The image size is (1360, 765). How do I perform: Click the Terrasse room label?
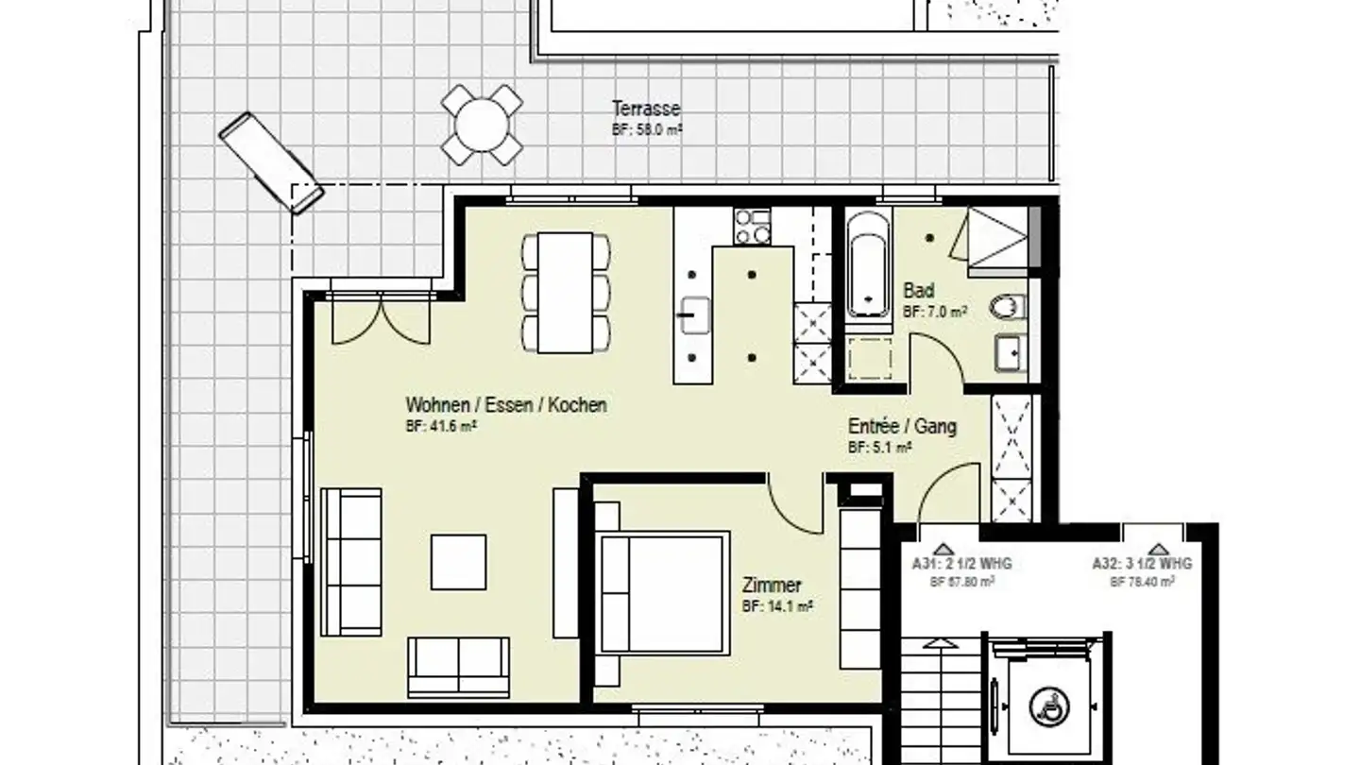point(646,109)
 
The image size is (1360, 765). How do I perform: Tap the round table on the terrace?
point(482,125)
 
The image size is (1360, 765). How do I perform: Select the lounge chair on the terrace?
point(271,162)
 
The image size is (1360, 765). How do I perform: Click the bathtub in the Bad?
point(867,264)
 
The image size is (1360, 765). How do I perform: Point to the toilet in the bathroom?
point(1008,307)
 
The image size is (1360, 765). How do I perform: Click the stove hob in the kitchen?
point(752,227)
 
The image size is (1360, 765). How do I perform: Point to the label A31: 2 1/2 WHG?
point(961,564)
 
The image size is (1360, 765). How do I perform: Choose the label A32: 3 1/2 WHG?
point(1142,564)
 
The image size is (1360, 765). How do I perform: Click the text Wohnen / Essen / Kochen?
point(506,405)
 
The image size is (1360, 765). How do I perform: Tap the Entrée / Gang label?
point(901,427)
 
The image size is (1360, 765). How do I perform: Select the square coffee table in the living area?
point(459,562)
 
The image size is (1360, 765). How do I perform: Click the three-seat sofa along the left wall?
point(350,562)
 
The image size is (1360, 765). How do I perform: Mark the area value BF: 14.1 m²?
point(777,606)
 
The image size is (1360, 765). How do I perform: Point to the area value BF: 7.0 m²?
point(934,311)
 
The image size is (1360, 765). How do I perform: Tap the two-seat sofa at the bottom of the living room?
point(459,667)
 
